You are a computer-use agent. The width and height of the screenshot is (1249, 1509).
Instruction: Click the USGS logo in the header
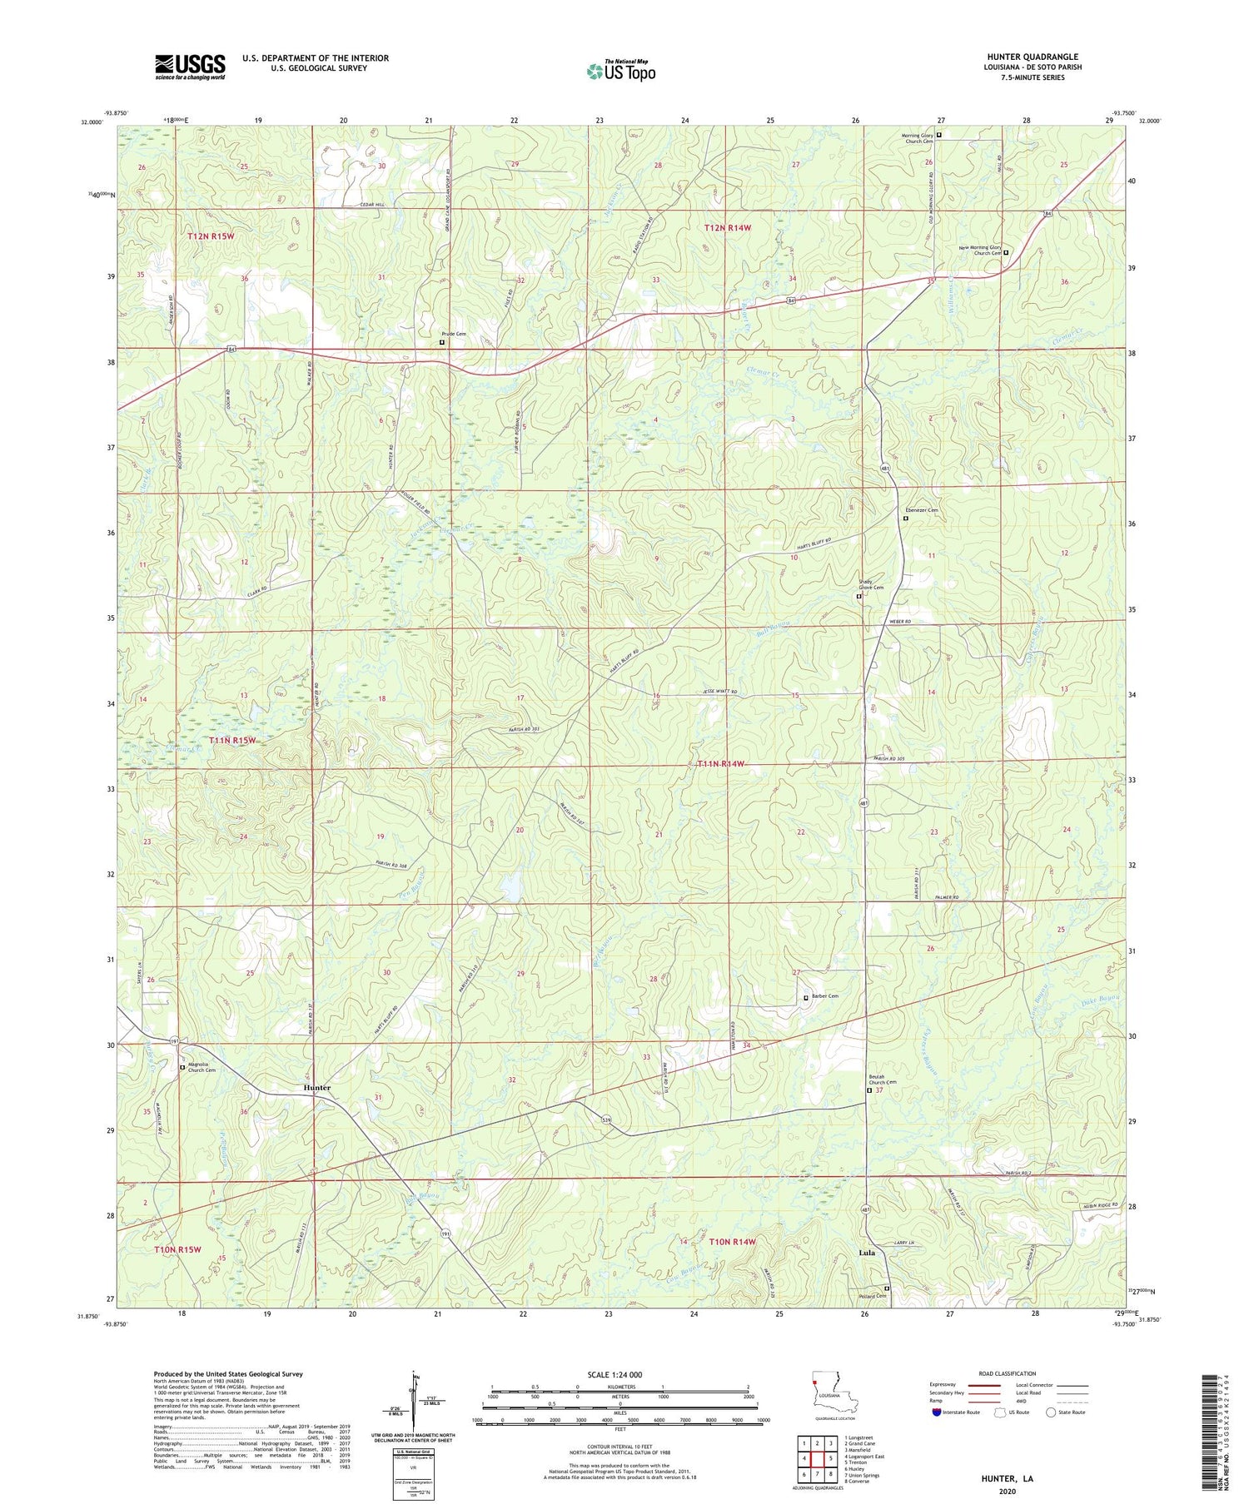tap(190, 67)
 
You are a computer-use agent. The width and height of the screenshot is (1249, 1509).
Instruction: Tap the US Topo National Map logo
tap(620, 71)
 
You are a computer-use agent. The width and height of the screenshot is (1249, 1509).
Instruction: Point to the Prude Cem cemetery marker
tap(442, 342)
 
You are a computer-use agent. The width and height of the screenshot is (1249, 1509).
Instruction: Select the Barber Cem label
tap(825, 995)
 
